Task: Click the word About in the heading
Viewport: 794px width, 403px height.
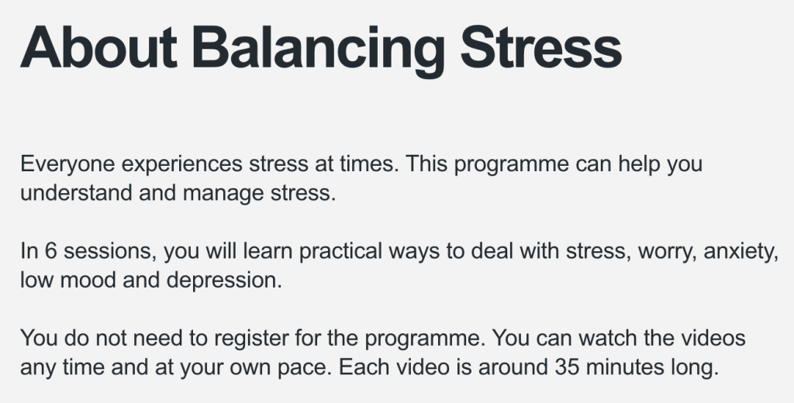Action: pyautogui.click(x=98, y=47)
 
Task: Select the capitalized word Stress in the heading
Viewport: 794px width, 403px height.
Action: pyautogui.click(x=540, y=47)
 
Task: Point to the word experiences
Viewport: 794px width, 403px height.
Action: pyautogui.click(x=182, y=164)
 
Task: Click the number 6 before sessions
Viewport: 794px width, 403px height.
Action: pyautogui.click(x=50, y=251)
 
